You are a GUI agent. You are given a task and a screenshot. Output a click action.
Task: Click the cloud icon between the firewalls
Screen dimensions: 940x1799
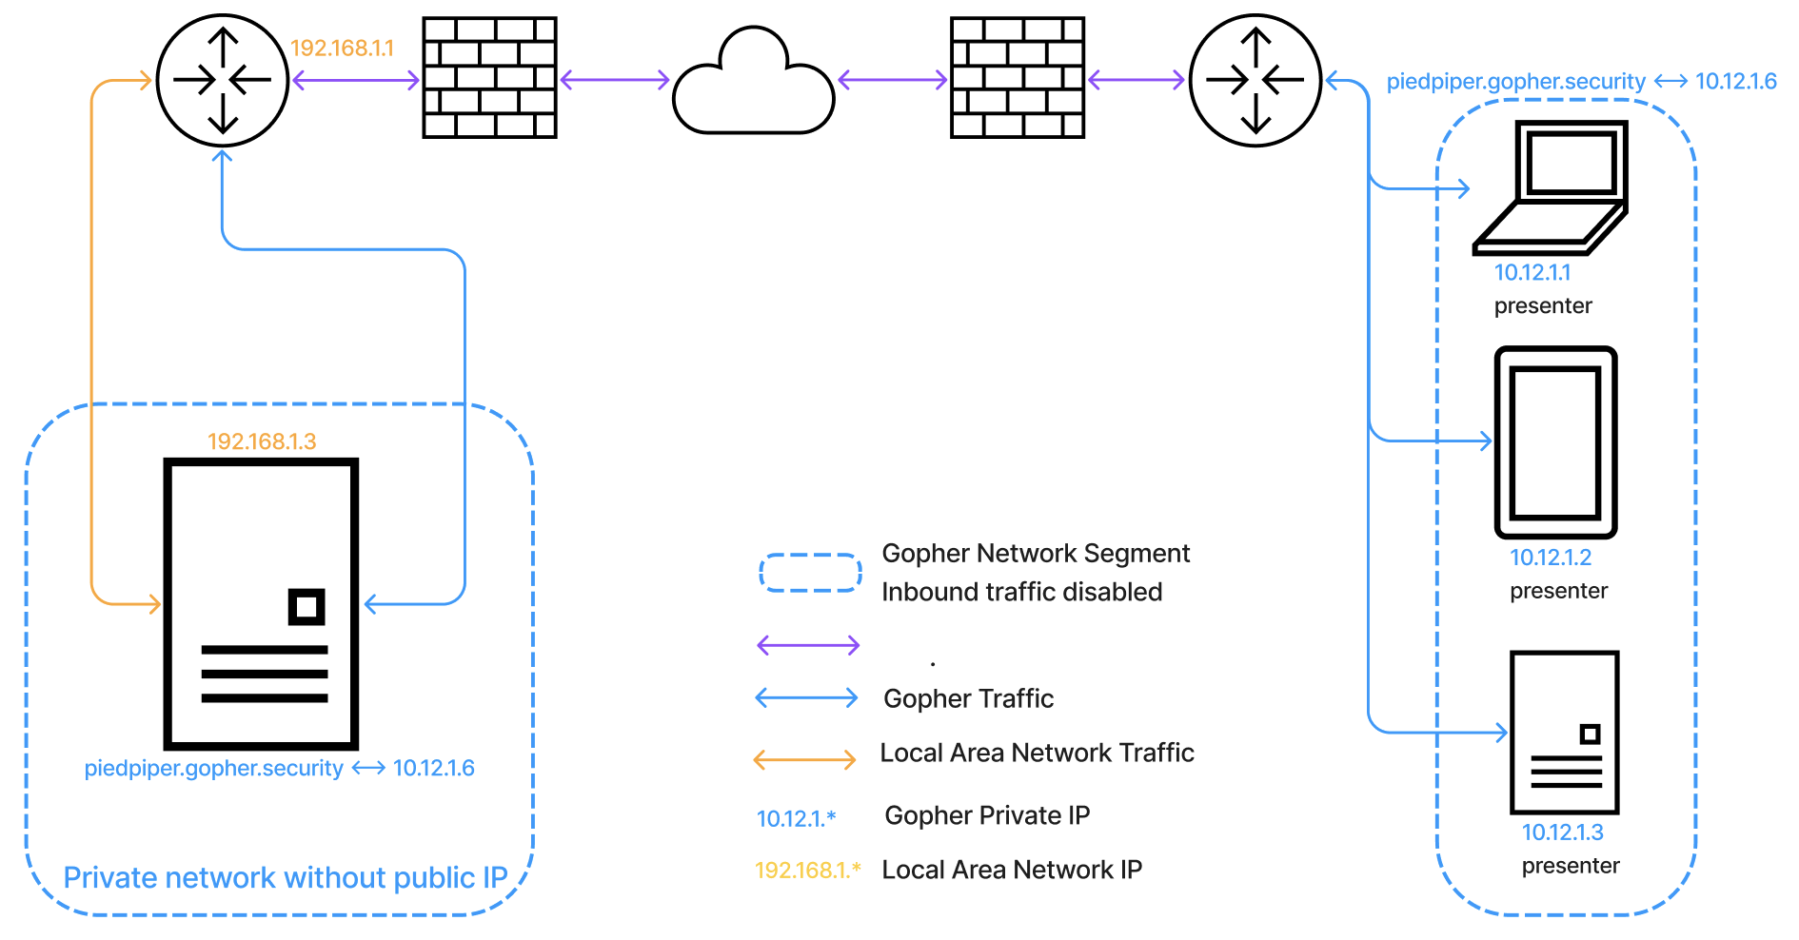tap(753, 84)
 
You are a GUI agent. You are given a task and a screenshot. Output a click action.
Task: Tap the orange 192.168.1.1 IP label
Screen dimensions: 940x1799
tap(342, 49)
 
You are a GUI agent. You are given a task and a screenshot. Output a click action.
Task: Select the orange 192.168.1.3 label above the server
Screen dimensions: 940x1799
tap(262, 441)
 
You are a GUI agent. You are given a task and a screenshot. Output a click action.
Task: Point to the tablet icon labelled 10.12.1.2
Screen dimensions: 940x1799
tap(1555, 442)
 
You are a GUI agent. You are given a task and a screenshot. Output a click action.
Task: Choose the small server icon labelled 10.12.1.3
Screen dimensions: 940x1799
tap(1565, 733)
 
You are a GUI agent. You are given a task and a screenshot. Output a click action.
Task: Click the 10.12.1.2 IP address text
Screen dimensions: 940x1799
tap(1551, 558)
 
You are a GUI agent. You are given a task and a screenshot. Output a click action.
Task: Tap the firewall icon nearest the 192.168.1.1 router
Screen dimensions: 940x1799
tap(489, 78)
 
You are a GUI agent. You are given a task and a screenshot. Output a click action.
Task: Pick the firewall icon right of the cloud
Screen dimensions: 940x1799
tap(1018, 78)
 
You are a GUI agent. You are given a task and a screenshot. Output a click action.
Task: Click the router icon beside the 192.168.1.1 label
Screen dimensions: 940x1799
tap(223, 80)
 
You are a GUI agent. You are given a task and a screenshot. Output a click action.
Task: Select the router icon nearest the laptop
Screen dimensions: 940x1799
tap(1255, 80)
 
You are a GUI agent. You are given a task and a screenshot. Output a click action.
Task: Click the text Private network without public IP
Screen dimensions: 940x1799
tap(286, 877)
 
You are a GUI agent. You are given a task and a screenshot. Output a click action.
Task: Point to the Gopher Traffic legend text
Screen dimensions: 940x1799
tap(968, 698)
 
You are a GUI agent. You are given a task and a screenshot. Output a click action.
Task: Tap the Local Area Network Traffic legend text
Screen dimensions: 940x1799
tap(1037, 753)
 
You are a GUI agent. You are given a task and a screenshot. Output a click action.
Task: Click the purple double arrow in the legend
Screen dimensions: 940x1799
tap(808, 646)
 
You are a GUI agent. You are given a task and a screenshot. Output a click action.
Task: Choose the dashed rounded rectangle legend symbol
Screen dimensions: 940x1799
tap(810, 573)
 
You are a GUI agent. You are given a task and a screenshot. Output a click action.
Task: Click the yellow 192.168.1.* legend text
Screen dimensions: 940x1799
tap(807, 870)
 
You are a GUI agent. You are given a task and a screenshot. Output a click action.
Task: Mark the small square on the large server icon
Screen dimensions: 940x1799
tap(306, 607)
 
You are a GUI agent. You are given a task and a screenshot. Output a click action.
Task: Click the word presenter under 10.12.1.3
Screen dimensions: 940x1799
tap(1571, 866)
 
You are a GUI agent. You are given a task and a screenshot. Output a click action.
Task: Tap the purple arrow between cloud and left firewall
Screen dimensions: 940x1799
tap(615, 80)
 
